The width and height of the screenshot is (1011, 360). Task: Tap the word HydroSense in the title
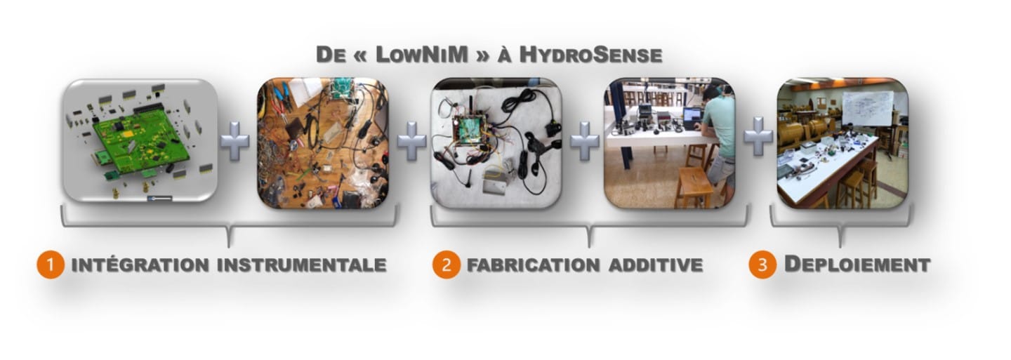click(x=591, y=55)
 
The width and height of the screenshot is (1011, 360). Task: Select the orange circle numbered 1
click(x=50, y=265)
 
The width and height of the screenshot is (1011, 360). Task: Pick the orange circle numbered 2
click(x=446, y=265)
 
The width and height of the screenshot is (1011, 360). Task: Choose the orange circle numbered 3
click(x=762, y=265)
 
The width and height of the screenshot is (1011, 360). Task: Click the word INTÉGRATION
click(x=140, y=265)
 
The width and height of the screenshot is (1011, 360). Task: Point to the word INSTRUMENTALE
click(x=301, y=265)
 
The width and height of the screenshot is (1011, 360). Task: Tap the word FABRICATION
click(x=533, y=265)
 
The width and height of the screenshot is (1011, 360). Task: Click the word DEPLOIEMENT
click(x=857, y=265)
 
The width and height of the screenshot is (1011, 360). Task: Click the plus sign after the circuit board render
click(x=234, y=141)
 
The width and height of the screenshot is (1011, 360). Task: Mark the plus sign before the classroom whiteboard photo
click(x=758, y=136)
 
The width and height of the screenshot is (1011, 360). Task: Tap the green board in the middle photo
click(x=470, y=130)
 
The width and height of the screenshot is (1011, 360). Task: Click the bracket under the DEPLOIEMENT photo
click(x=840, y=224)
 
